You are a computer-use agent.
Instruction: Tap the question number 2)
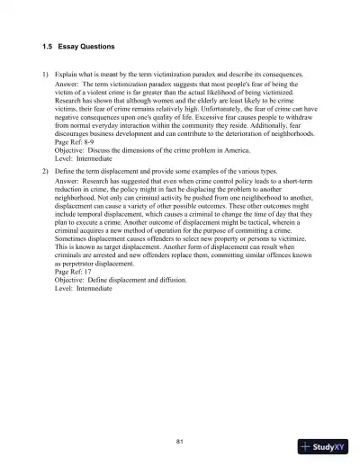coord(47,170)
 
